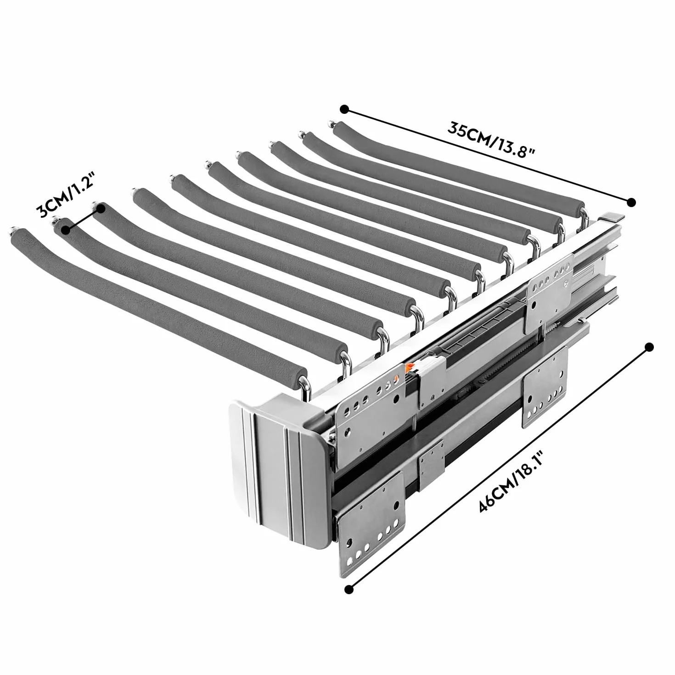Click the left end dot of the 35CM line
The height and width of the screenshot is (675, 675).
point(344,110)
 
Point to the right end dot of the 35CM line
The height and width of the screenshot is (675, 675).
point(631,202)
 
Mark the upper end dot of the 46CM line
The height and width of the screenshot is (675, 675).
point(649,347)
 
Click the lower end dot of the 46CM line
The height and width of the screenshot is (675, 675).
point(349,590)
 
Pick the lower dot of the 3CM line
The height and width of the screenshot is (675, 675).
point(66,230)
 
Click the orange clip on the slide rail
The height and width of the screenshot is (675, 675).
point(408,368)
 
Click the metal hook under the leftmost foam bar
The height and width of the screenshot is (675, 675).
point(305,389)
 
